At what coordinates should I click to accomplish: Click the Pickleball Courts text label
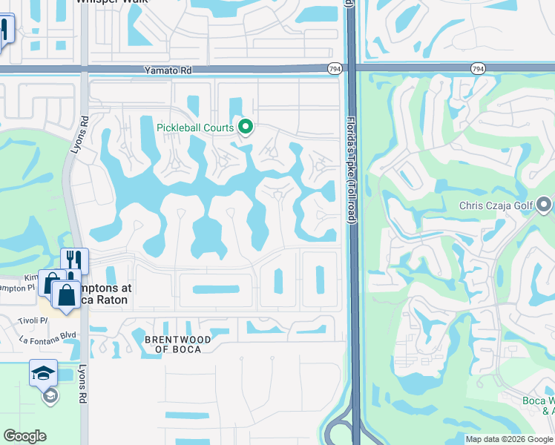(x=195, y=128)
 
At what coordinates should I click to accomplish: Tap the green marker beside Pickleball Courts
(x=246, y=128)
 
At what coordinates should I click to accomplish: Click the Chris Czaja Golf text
(x=496, y=204)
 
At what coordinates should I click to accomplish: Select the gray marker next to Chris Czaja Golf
(x=545, y=204)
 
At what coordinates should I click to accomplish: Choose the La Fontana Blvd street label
(x=47, y=335)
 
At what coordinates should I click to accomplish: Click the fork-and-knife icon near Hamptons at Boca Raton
(x=74, y=260)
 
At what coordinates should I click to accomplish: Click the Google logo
(x=24, y=436)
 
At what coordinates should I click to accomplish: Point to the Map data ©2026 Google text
(x=508, y=439)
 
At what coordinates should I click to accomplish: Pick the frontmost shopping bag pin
(x=66, y=294)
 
